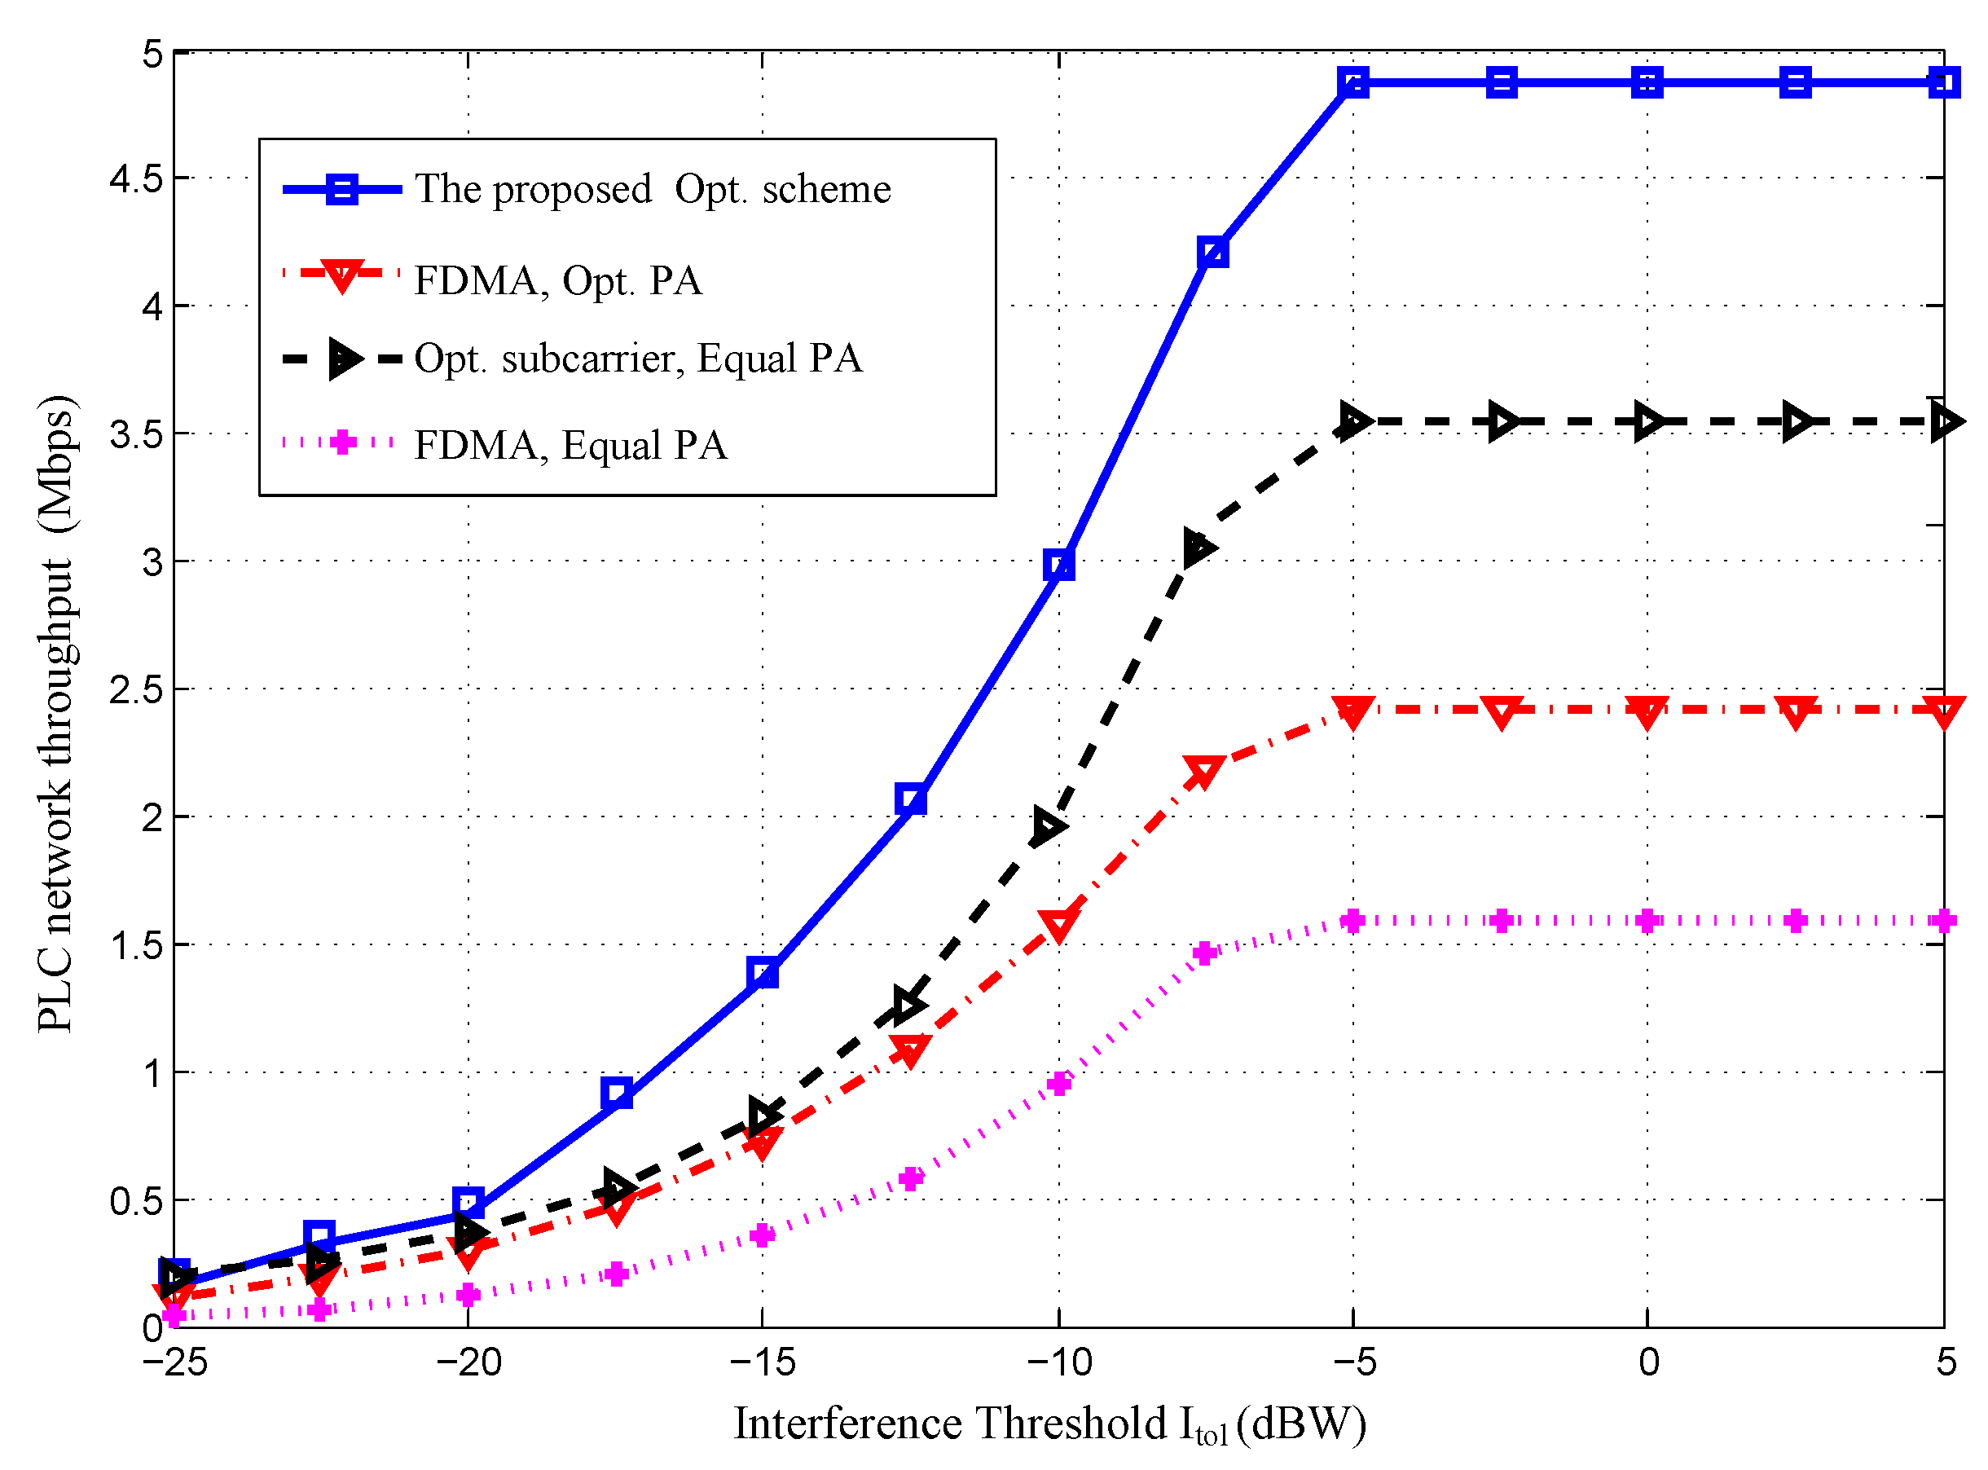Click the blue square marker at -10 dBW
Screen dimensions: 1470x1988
tap(1058, 565)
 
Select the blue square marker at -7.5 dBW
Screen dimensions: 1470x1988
tap(1212, 253)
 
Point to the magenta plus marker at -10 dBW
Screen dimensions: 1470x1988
tap(1058, 1084)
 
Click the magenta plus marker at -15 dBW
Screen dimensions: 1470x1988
tap(763, 1235)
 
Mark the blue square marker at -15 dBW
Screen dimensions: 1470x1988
tap(763, 974)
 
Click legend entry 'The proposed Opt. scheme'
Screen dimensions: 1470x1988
tap(652, 190)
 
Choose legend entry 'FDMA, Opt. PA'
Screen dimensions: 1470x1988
tap(558, 281)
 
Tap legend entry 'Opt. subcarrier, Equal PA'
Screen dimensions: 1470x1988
tap(638, 359)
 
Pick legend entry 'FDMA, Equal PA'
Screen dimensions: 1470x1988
tap(570, 445)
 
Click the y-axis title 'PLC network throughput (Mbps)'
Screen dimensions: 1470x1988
tap(57, 712)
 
